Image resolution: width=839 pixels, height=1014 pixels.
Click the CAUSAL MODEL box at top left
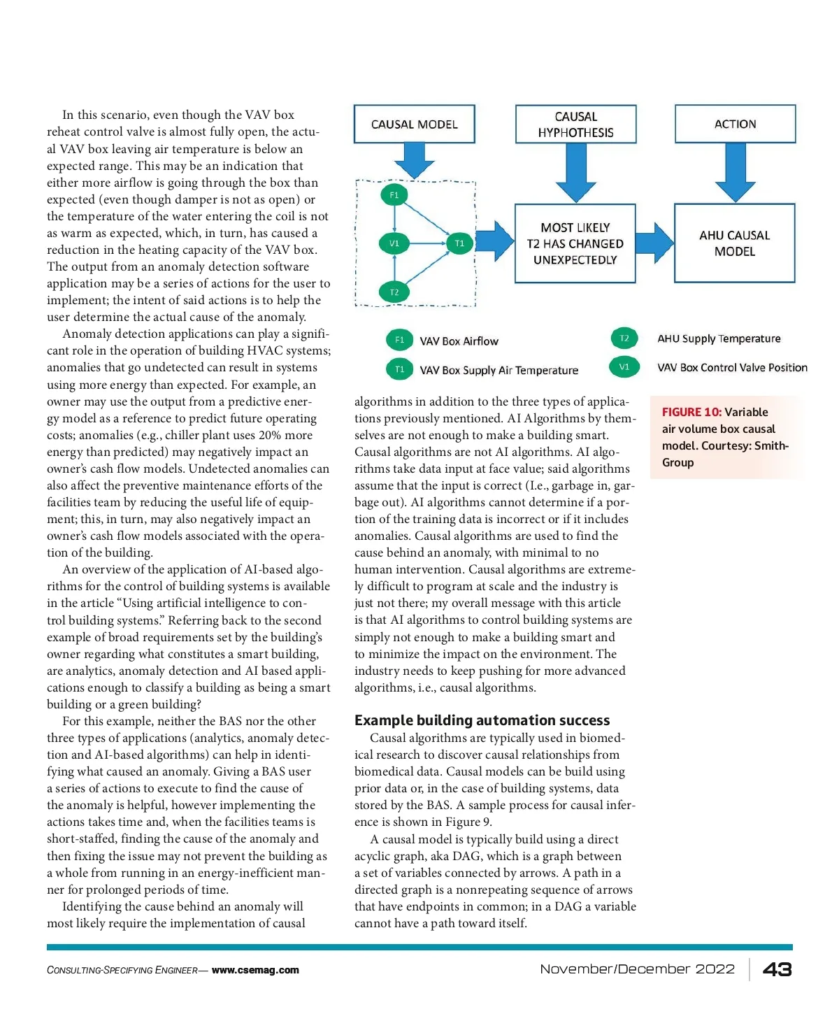pos(414,124)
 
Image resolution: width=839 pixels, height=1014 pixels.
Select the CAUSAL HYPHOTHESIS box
pos(575,124)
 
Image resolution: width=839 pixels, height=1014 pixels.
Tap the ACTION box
pos(735,124)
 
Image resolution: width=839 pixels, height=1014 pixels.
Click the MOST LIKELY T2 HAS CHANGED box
pos(575,243)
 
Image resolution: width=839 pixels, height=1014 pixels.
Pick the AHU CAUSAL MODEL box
pos(734,243)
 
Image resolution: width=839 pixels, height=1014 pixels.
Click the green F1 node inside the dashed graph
pos(394,195)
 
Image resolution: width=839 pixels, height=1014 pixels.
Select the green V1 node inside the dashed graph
pos(394,243)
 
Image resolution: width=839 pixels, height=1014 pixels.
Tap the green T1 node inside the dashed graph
pos(459,243)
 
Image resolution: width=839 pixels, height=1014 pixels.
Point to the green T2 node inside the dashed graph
pos(394,292)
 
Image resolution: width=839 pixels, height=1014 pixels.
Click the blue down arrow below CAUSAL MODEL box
pos(415,161)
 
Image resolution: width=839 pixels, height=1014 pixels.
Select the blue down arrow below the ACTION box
pos(736,172)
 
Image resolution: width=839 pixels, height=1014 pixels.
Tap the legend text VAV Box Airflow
pos(459,341)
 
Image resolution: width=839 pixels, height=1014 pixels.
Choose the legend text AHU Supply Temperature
pos(719,338)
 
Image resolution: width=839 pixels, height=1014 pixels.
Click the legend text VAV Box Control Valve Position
pos(732,368)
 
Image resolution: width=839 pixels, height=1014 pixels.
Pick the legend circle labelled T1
pos(399,370)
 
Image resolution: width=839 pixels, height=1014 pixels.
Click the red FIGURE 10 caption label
pos(691,412)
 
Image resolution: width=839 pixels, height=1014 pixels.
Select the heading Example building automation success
pos(482,720)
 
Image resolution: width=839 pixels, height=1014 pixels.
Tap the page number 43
pos(777,969)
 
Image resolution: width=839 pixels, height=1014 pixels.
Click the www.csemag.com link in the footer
pos(255,970)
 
